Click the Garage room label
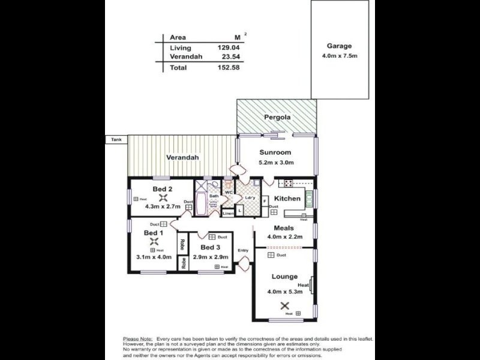pyautogui.click(x=339, y=46)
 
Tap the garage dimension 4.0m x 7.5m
pyautogui.click(x=339, y=57)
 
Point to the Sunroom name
pyautogui.click(x=275, y=152)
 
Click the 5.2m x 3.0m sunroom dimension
pyautogui.click(x=275, y=162)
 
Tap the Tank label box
pyautogui.click(x=116, y=140)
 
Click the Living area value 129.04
pyautogui.click(x=229, y=47)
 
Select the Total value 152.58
pyautogui.click(x=229, y=68)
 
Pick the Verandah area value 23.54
pyautogui.click(x=230, y=57)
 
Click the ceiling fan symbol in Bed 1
pyautogui.click(x=154, y=243)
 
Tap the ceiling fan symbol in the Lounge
pyautogui.click(x=284, y=305)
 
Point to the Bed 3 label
pyautogui.click(x=210, y=248)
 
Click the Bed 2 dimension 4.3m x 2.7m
pyautogui.click(x=162, y=206)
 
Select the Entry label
pyautogui.click(x=243, y=251)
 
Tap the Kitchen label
pyautogui.click(x=287, y=198)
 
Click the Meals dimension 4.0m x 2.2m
pyautogui.click(x=284, y=236)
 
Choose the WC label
pyautogui.click(x=229, y=192)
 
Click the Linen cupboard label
pyautogui.click(x=228, y=213)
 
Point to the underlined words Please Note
pyautogui.click(x=137, y=339)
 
